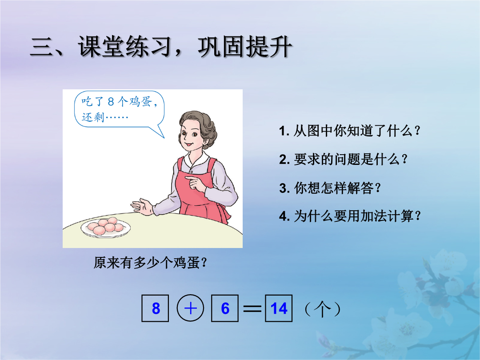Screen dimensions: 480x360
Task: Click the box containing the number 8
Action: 155,308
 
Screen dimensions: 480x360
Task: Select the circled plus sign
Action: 190,308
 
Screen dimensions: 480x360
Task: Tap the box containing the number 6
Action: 225,308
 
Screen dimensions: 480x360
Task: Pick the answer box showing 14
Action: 279,308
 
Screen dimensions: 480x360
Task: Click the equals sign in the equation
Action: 252,308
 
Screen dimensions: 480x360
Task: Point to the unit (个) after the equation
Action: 323,309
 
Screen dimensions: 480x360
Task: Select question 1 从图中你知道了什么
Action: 349,131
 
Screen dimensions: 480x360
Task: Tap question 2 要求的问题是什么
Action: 343,159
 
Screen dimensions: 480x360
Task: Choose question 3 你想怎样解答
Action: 330,188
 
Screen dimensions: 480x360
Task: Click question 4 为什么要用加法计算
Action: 350,216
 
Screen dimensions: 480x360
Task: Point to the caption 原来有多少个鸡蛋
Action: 150,263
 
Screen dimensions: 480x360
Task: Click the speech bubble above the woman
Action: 119,110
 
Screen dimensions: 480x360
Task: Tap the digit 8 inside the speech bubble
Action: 111,102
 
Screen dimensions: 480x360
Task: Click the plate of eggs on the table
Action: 106,228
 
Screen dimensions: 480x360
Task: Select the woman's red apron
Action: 201,191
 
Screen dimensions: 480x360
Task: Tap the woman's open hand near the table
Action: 142,207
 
